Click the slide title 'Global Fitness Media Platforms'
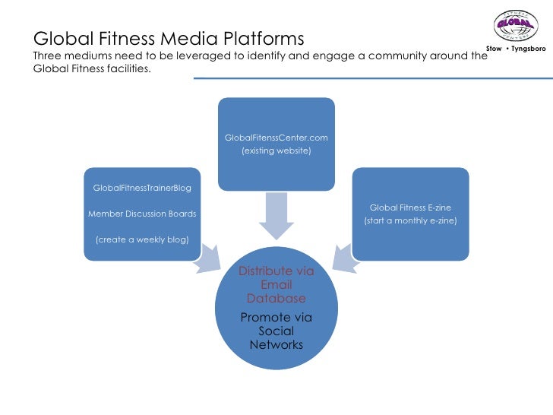pos(169,38)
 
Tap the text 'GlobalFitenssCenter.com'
pos(276,138)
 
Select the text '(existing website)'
pos(276,151)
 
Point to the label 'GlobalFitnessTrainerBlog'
pos(142,188)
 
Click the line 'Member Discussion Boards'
pos(142,214)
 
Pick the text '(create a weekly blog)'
pos(142,240)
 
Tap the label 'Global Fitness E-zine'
pos(410,207)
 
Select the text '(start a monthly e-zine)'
pos(410,221)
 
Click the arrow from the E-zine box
pos(344,257)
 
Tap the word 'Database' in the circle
pos(276,299)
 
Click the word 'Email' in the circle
pos(276,285)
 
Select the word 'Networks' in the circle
pos(276,345)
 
